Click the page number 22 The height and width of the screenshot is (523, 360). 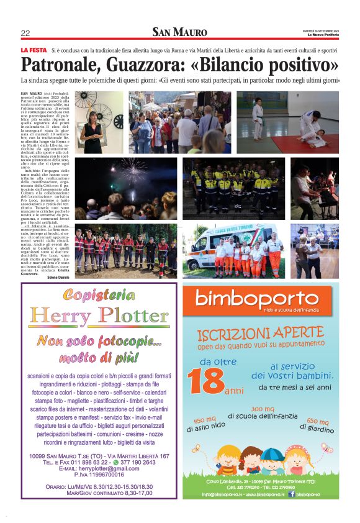[25, 33]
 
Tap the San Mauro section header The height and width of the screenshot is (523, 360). [180, 32]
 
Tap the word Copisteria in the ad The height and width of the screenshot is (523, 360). [99, 295]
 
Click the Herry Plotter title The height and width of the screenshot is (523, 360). [99, 316]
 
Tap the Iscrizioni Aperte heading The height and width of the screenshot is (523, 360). [261, 334]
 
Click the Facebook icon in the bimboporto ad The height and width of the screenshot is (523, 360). [292, 494]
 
